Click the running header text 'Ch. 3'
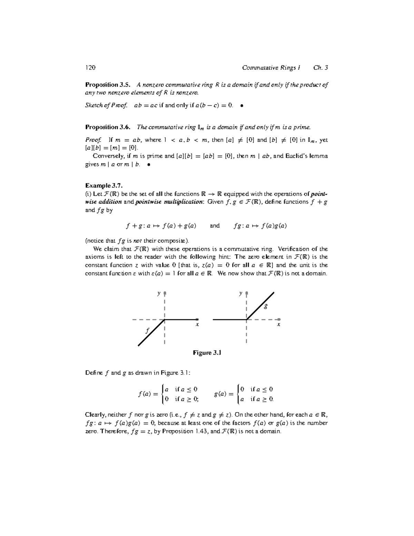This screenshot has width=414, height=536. click(x=321, y=68)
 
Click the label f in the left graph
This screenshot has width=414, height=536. click(x=147, y=331)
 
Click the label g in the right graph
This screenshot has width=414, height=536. click(x=265, y=306)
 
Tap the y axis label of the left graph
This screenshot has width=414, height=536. click(x=159, y=293)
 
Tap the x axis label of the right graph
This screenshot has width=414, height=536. click(x=278, y=325)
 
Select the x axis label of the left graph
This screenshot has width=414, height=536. click(x=197, y=325)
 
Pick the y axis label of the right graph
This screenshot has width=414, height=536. click(x=240, y=293)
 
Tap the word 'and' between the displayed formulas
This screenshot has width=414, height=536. click(x=215, y=226)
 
